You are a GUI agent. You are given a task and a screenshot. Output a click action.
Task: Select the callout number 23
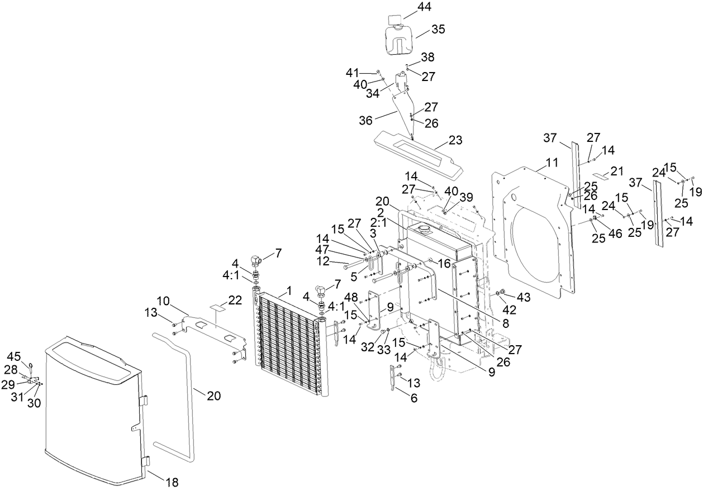point(457,140)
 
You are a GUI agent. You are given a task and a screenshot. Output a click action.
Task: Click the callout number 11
point(552,163)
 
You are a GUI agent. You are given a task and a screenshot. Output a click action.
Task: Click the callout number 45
point(13,356)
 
